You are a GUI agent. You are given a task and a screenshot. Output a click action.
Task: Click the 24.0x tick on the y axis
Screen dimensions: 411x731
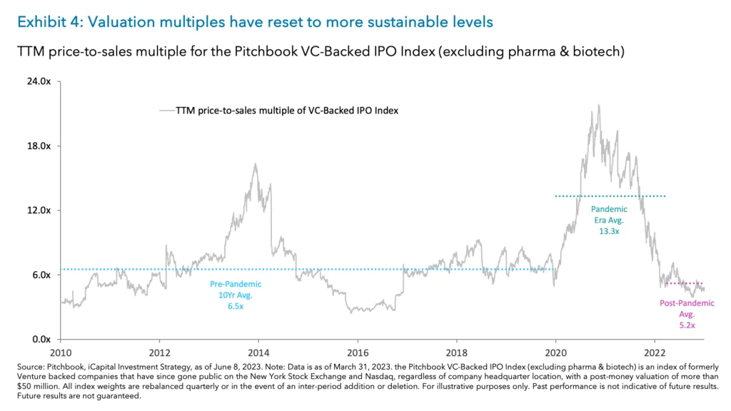point(40,81)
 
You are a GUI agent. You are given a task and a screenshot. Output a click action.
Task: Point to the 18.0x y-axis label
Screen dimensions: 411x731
point(40,146)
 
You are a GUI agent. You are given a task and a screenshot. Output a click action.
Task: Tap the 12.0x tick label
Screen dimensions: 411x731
point(40,210)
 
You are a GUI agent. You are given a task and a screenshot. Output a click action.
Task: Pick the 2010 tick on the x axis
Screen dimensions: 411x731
point(61,352)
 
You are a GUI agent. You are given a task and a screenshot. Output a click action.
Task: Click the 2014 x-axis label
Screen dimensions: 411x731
point(258,352)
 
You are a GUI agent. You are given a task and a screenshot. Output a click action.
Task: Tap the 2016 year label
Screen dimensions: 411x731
point(358,352)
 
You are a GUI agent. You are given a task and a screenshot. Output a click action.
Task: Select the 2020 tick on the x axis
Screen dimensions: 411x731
point(556,352)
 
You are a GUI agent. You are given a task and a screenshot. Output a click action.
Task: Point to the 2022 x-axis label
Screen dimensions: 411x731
point(655,352)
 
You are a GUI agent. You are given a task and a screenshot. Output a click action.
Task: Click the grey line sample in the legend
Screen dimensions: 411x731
point(166,111)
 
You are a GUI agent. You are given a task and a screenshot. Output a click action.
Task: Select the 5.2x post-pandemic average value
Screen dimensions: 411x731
point(686,324)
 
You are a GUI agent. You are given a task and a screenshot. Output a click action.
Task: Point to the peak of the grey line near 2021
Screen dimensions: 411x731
point(598,105)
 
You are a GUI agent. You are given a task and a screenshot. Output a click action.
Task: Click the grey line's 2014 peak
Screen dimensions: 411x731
point(255,164)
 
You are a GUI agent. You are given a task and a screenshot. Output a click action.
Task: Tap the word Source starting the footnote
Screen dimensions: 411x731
point(29,365)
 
